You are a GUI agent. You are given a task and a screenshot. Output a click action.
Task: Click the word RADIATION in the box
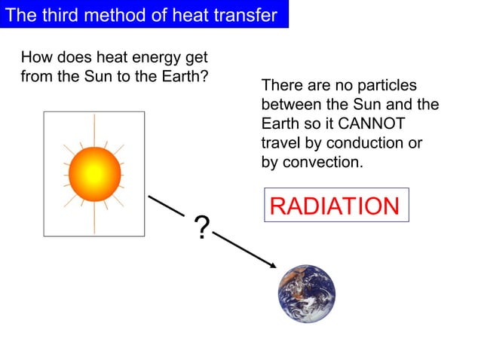click(x=335, y=206)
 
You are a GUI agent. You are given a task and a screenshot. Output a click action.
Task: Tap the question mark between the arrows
click(x=201, y=227)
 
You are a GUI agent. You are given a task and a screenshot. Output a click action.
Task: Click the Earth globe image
click(x=305, y=294)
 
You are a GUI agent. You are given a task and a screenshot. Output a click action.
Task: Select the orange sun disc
click(x=94, y=173)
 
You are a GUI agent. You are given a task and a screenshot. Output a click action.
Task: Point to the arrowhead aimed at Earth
click(x=271, y=264)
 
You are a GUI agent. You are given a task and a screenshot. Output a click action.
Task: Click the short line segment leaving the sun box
click(x=167, y=204)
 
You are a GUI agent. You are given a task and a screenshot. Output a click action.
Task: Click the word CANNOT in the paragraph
click(x=377, y=124)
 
